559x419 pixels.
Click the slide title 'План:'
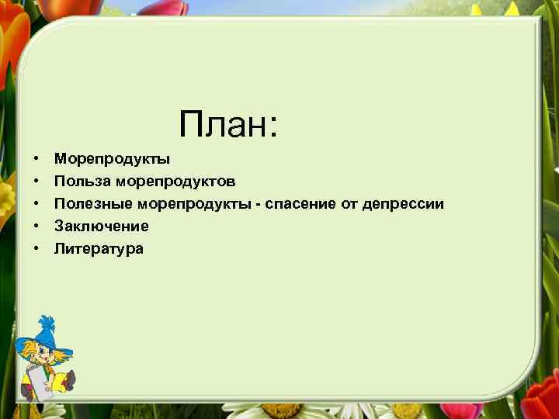click(227, 124)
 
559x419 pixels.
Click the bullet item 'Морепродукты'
click(112, 159)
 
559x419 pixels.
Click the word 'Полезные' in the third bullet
click(93, 204)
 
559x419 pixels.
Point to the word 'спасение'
click(298, 204)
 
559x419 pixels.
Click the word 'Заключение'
click(101, 227)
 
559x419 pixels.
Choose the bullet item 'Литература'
click(99, 249)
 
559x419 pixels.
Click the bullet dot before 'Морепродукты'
click(36, 159)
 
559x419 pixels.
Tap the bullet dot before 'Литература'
click(36, 249)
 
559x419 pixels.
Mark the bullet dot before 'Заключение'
click(36, 227)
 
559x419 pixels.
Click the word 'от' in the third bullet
click(346, 204)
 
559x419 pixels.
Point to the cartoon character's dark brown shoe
click(69, 380)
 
